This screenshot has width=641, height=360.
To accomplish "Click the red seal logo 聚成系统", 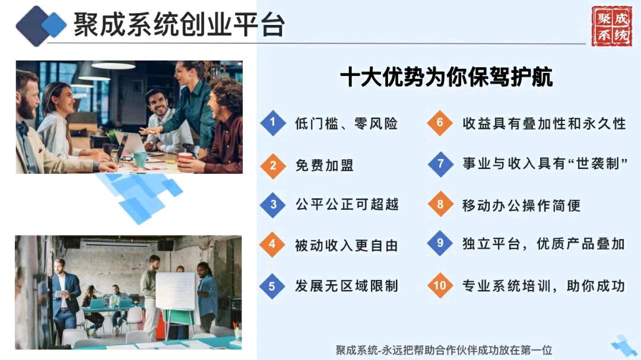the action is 611,26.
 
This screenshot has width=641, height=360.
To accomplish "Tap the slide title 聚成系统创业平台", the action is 179,24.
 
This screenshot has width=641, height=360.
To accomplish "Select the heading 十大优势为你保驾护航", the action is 446,77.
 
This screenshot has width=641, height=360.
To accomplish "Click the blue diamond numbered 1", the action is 272,123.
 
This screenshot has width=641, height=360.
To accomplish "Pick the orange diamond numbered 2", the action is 272,166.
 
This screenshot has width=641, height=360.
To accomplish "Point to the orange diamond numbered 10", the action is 440,285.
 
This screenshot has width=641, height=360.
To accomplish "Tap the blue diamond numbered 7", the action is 440,164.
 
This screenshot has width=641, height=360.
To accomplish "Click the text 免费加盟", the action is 325,165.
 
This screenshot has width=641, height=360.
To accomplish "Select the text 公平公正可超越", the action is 347,204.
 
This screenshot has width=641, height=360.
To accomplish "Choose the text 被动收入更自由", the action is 347,245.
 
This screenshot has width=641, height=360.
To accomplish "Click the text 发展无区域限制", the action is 347,286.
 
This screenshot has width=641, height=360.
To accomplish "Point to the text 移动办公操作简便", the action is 522,205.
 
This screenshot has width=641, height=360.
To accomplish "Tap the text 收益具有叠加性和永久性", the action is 544,123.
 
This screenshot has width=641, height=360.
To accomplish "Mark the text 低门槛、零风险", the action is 347,123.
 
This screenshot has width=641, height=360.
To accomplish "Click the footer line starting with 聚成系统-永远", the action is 444,350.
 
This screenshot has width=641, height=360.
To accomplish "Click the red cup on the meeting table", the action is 185,157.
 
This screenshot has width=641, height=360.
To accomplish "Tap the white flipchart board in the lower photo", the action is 176,291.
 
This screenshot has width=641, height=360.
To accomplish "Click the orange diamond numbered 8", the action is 440,204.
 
